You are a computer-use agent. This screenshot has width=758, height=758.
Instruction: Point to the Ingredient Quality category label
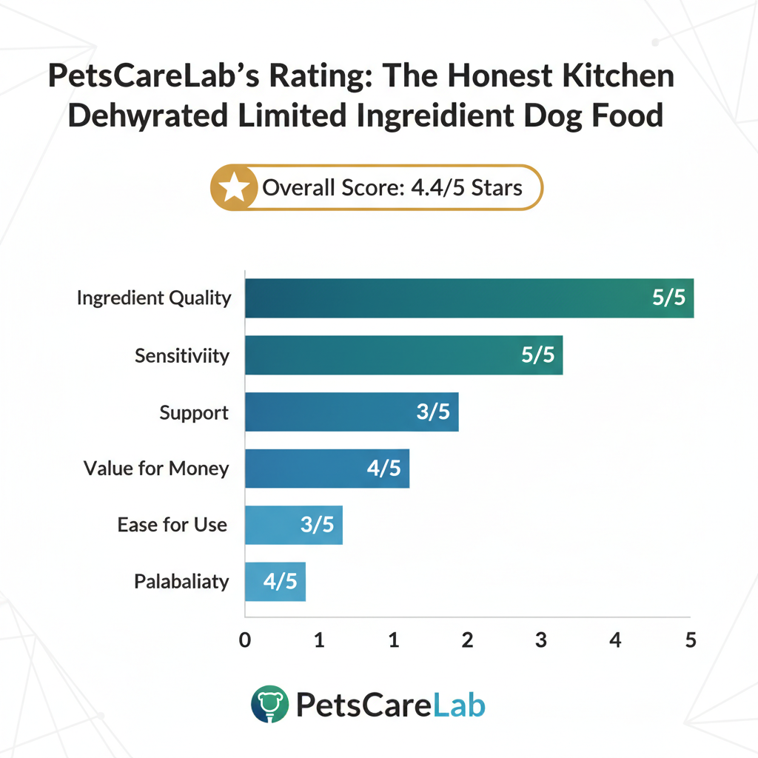[154, 298]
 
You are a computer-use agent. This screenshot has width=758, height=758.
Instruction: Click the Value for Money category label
[156, 469]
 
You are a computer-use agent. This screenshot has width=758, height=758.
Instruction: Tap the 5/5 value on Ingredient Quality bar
[669, 298]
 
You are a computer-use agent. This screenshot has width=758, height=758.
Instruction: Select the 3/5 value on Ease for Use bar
[317, 525]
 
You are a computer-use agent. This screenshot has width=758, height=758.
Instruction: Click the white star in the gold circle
[235, 188]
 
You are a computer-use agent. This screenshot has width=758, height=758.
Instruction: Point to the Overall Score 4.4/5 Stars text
[392, 188]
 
